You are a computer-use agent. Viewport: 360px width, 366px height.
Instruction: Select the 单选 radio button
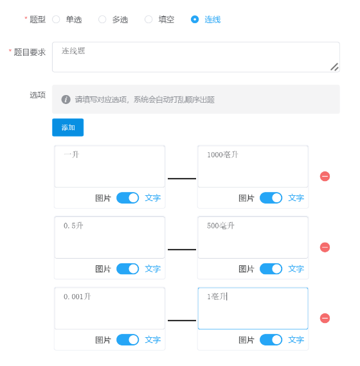56,19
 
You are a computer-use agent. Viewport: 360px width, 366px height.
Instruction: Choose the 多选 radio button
102,19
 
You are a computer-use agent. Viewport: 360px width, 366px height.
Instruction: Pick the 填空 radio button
148,19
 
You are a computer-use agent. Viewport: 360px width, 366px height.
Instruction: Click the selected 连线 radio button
195,19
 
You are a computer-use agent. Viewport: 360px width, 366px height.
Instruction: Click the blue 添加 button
67,127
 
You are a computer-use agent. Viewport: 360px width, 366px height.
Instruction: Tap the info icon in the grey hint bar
66,100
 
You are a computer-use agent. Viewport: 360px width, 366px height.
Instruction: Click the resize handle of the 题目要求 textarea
334,67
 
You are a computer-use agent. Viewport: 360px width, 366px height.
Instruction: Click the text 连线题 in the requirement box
73,51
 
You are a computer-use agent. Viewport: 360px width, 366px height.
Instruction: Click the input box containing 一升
110,166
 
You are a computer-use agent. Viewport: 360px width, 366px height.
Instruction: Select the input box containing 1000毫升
253,166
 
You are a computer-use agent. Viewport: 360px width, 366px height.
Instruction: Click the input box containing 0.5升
110,238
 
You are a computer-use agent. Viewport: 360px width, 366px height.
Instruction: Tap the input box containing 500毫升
253,238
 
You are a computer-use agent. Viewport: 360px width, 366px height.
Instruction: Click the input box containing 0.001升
110,308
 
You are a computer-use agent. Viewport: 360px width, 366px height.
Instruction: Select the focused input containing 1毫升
253,308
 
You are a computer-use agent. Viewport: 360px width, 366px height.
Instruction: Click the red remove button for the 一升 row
325,176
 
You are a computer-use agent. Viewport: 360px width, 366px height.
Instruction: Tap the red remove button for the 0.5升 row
325,247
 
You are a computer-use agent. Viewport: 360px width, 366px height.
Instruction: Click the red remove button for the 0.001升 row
325,318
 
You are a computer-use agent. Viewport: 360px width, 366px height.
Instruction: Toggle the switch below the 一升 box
128,198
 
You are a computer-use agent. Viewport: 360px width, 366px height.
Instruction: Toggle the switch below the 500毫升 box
271,269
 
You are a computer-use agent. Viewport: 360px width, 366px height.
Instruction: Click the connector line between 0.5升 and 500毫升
182,250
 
